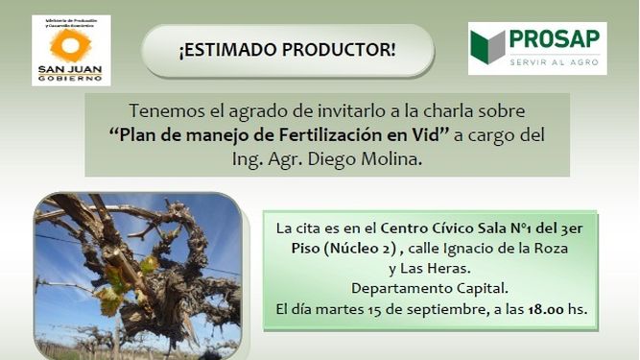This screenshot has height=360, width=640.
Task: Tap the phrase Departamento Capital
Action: click(x=432, y=288)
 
